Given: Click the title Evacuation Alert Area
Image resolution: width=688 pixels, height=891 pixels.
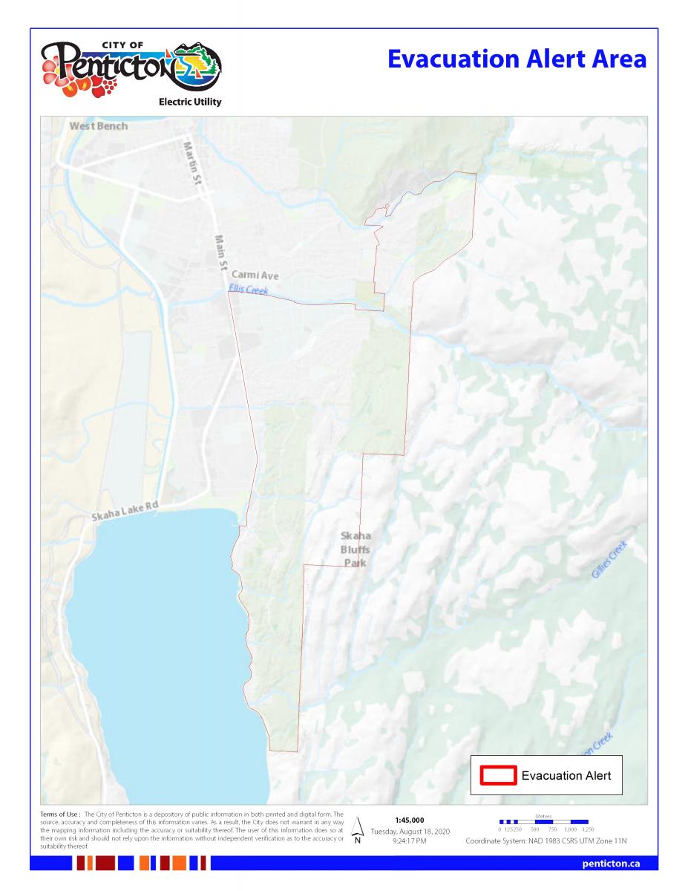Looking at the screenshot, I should [517, 59].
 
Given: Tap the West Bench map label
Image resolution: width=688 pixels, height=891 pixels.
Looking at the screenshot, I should [98, 126].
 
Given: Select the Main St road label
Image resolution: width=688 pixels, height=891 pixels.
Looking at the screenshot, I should [220, 252].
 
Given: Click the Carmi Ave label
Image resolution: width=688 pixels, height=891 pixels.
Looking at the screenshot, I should [255, 275].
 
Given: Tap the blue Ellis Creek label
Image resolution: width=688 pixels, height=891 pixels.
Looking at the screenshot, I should [248, 290].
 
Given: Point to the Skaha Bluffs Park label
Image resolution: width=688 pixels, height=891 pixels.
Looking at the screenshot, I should [355, 549].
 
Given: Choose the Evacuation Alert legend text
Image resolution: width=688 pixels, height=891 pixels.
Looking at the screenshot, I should [566, 775].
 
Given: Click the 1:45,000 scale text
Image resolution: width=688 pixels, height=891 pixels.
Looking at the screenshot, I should [410, 820].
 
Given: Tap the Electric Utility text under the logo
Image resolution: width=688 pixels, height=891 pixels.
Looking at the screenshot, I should [189, 102].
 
